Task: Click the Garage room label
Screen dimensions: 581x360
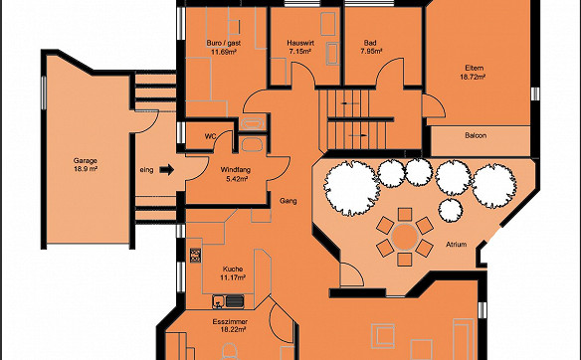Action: (x=86, y=165)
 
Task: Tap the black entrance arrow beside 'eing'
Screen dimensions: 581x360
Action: (x=167, y=170)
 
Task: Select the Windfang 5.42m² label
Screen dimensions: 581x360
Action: (x=236, y=174)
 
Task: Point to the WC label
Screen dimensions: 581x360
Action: (x=211, y=136)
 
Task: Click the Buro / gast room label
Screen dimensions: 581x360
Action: (x=224, y=47)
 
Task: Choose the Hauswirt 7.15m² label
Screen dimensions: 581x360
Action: (x=300, y=47)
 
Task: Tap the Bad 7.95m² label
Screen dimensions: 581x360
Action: (x=370, y=47)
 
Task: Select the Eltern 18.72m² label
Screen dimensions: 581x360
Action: (x=474, y=73)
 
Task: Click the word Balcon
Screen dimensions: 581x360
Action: (x=476, y=135)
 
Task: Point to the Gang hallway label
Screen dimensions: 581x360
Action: (x=289, y=201)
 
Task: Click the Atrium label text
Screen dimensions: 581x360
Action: (x=456, y=245)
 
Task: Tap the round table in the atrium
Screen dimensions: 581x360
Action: (x=405, y=236)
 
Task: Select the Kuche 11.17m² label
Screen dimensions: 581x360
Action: (x=233, y=273)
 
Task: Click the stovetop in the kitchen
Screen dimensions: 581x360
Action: (x=195, y=256)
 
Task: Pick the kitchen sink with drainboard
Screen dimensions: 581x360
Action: (x=229, y=301)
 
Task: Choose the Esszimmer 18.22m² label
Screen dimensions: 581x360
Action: (x=230, y=325)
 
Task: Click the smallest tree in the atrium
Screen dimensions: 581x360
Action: (x=451, y=210)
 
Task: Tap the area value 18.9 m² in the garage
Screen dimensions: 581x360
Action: (x=86, y=169)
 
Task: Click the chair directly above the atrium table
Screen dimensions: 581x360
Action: (x=405, y=214)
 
